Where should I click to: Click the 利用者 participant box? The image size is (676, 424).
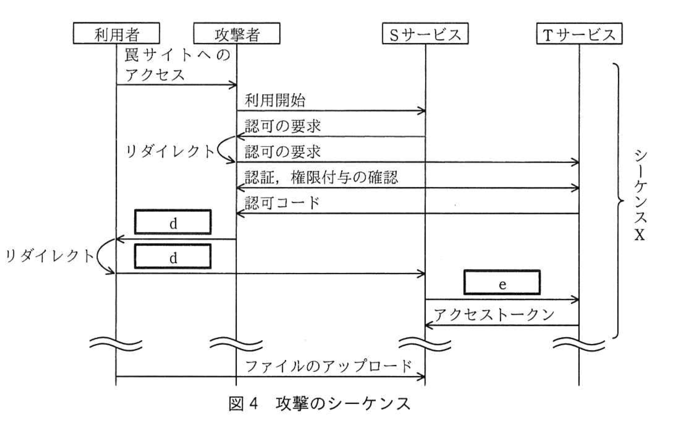point(116,34)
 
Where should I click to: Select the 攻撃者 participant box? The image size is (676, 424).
point(237,34)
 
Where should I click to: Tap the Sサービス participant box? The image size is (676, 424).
point(425,34)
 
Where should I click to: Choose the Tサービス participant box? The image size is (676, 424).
point(579,34)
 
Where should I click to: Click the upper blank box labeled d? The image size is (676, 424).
point(173,222)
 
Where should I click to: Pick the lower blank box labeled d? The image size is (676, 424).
point(173,257)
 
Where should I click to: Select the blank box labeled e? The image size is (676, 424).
point(502,283)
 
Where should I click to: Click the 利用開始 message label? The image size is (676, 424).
point(275,101)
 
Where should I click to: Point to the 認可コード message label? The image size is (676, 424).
point(282,203)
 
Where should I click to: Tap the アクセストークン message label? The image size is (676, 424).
point(494,315)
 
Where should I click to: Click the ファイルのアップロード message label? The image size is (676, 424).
point(329,366)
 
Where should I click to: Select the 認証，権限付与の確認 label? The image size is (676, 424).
point(321,177)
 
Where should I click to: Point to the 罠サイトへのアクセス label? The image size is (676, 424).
point(177,65)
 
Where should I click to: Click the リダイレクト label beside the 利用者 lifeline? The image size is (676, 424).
point(49,256)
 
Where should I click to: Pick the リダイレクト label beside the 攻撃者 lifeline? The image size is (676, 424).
point(170,152)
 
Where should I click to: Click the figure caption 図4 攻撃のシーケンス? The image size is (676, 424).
point(319,403)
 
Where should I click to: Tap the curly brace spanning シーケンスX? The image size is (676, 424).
point(618,201)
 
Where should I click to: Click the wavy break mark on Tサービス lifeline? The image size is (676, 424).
point(579,344)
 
